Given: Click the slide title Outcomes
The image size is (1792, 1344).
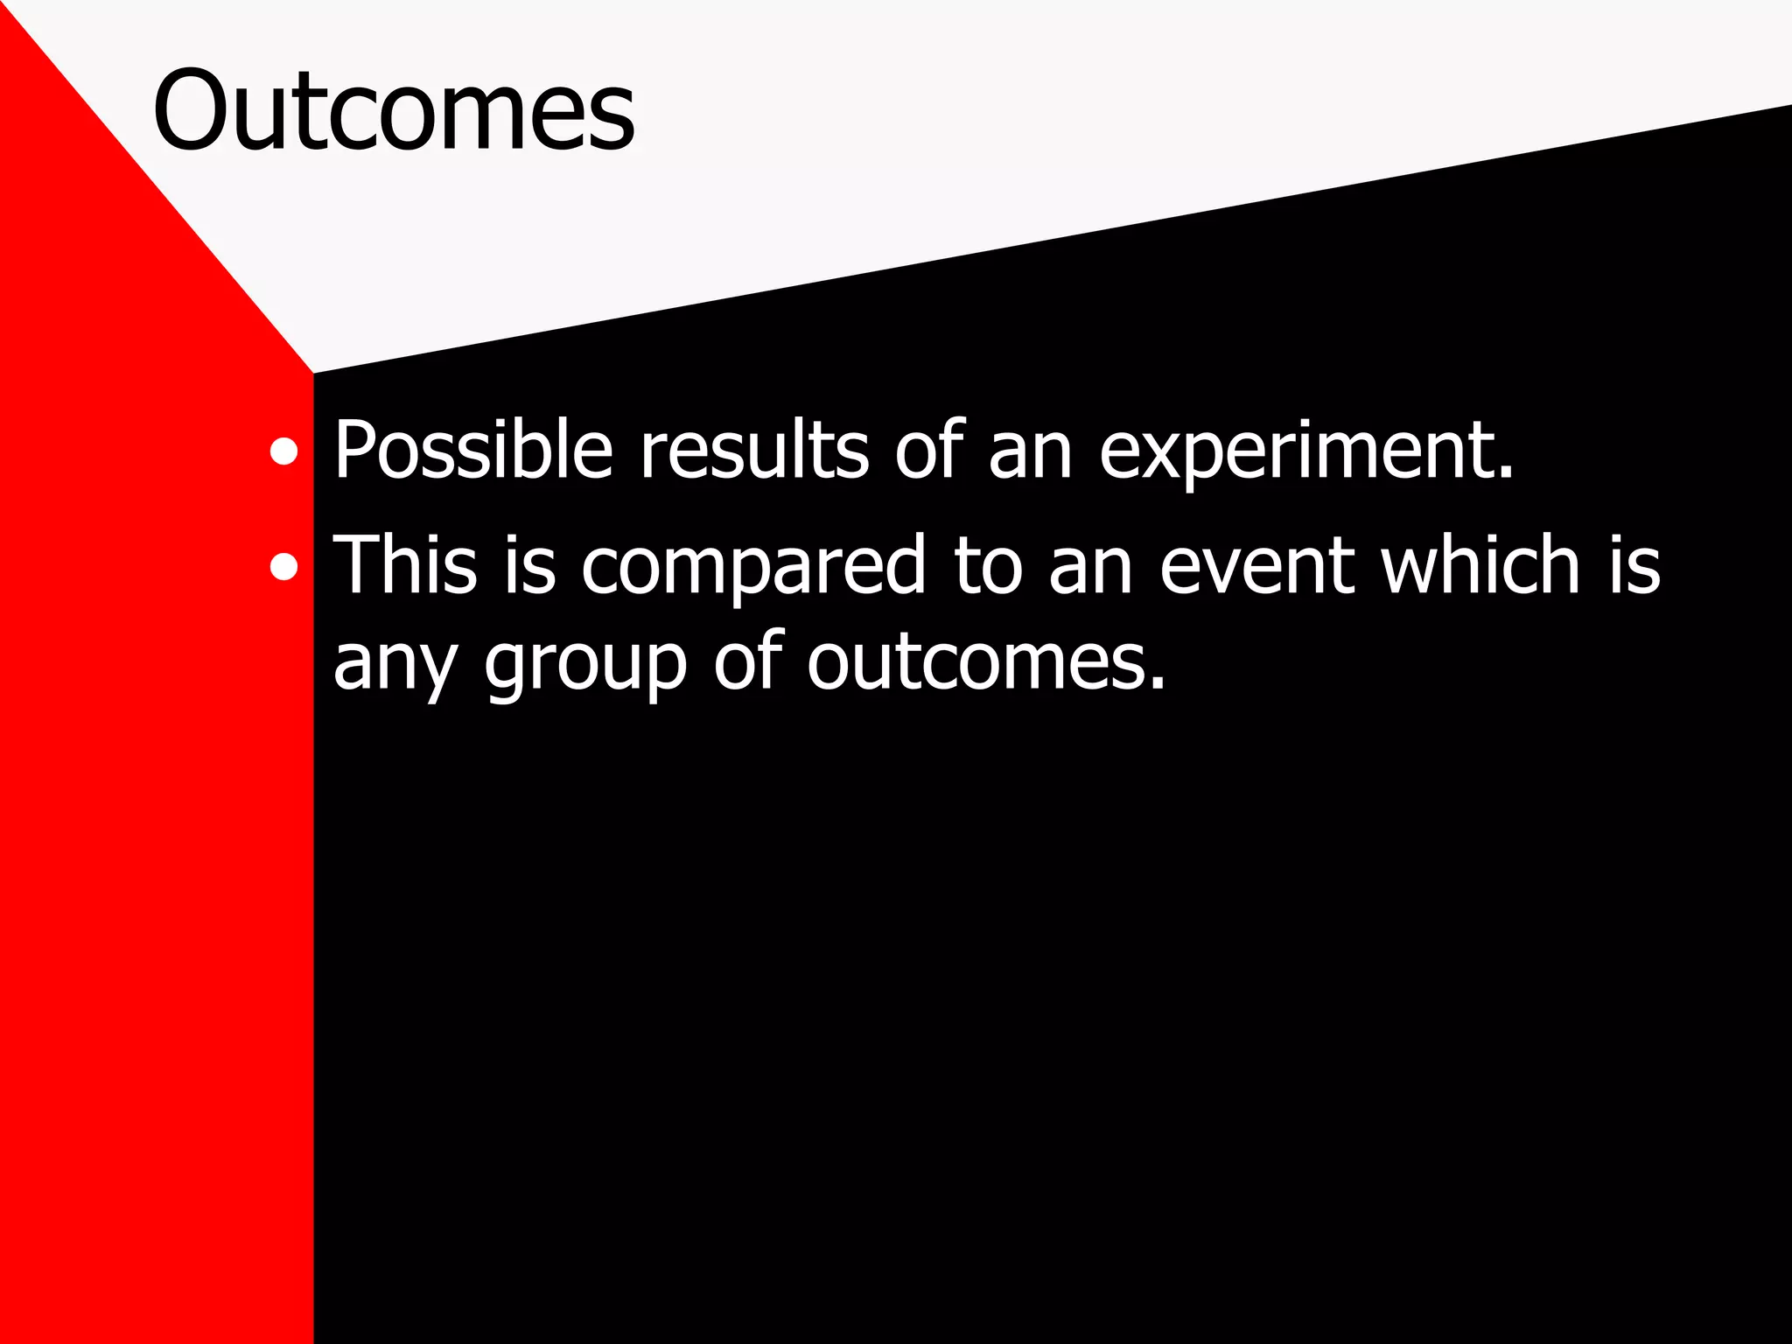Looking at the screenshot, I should click(394, 111).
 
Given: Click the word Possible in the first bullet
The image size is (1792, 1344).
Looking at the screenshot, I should click(472, 451).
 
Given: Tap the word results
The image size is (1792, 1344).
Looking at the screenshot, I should click(754, 451).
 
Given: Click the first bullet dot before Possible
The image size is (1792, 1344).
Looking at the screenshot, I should click(283, 453).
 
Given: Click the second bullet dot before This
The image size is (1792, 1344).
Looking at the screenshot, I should click(283, 567).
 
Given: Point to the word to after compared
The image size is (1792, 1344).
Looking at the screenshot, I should click(988, 567).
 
